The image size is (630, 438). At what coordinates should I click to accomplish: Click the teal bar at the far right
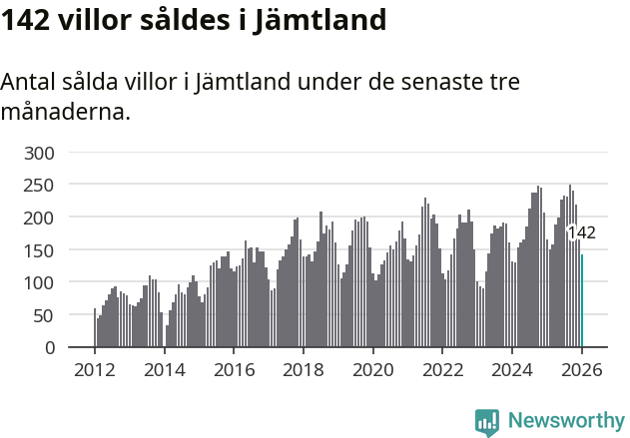click(x=582, y=301)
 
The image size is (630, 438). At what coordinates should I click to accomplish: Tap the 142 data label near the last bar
click(x=581, y=233)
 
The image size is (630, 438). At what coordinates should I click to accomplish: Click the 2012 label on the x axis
click(x=95, y=369)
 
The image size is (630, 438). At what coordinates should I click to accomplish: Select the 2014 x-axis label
click(x=165, y=369)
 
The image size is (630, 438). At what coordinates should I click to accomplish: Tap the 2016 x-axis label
click(x=234, y=369)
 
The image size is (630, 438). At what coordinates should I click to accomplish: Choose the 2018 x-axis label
click(x=304, y=369)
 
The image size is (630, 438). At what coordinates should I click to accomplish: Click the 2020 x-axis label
click(x=372, y=369)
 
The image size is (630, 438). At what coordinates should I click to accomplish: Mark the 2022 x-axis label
click(x=442, y=369)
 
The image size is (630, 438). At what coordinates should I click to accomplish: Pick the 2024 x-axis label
click(x=511, y=369)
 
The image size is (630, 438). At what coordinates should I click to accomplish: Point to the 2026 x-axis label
click(x=581, y=369)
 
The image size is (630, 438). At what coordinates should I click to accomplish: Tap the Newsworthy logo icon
click(x=487, y=422)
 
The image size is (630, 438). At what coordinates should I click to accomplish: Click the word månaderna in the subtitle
click(x=65, y=112)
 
